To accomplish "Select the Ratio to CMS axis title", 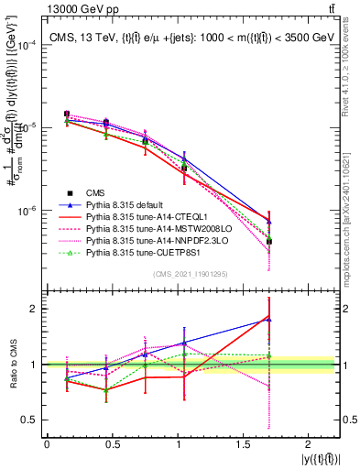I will tap(13, 365).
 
